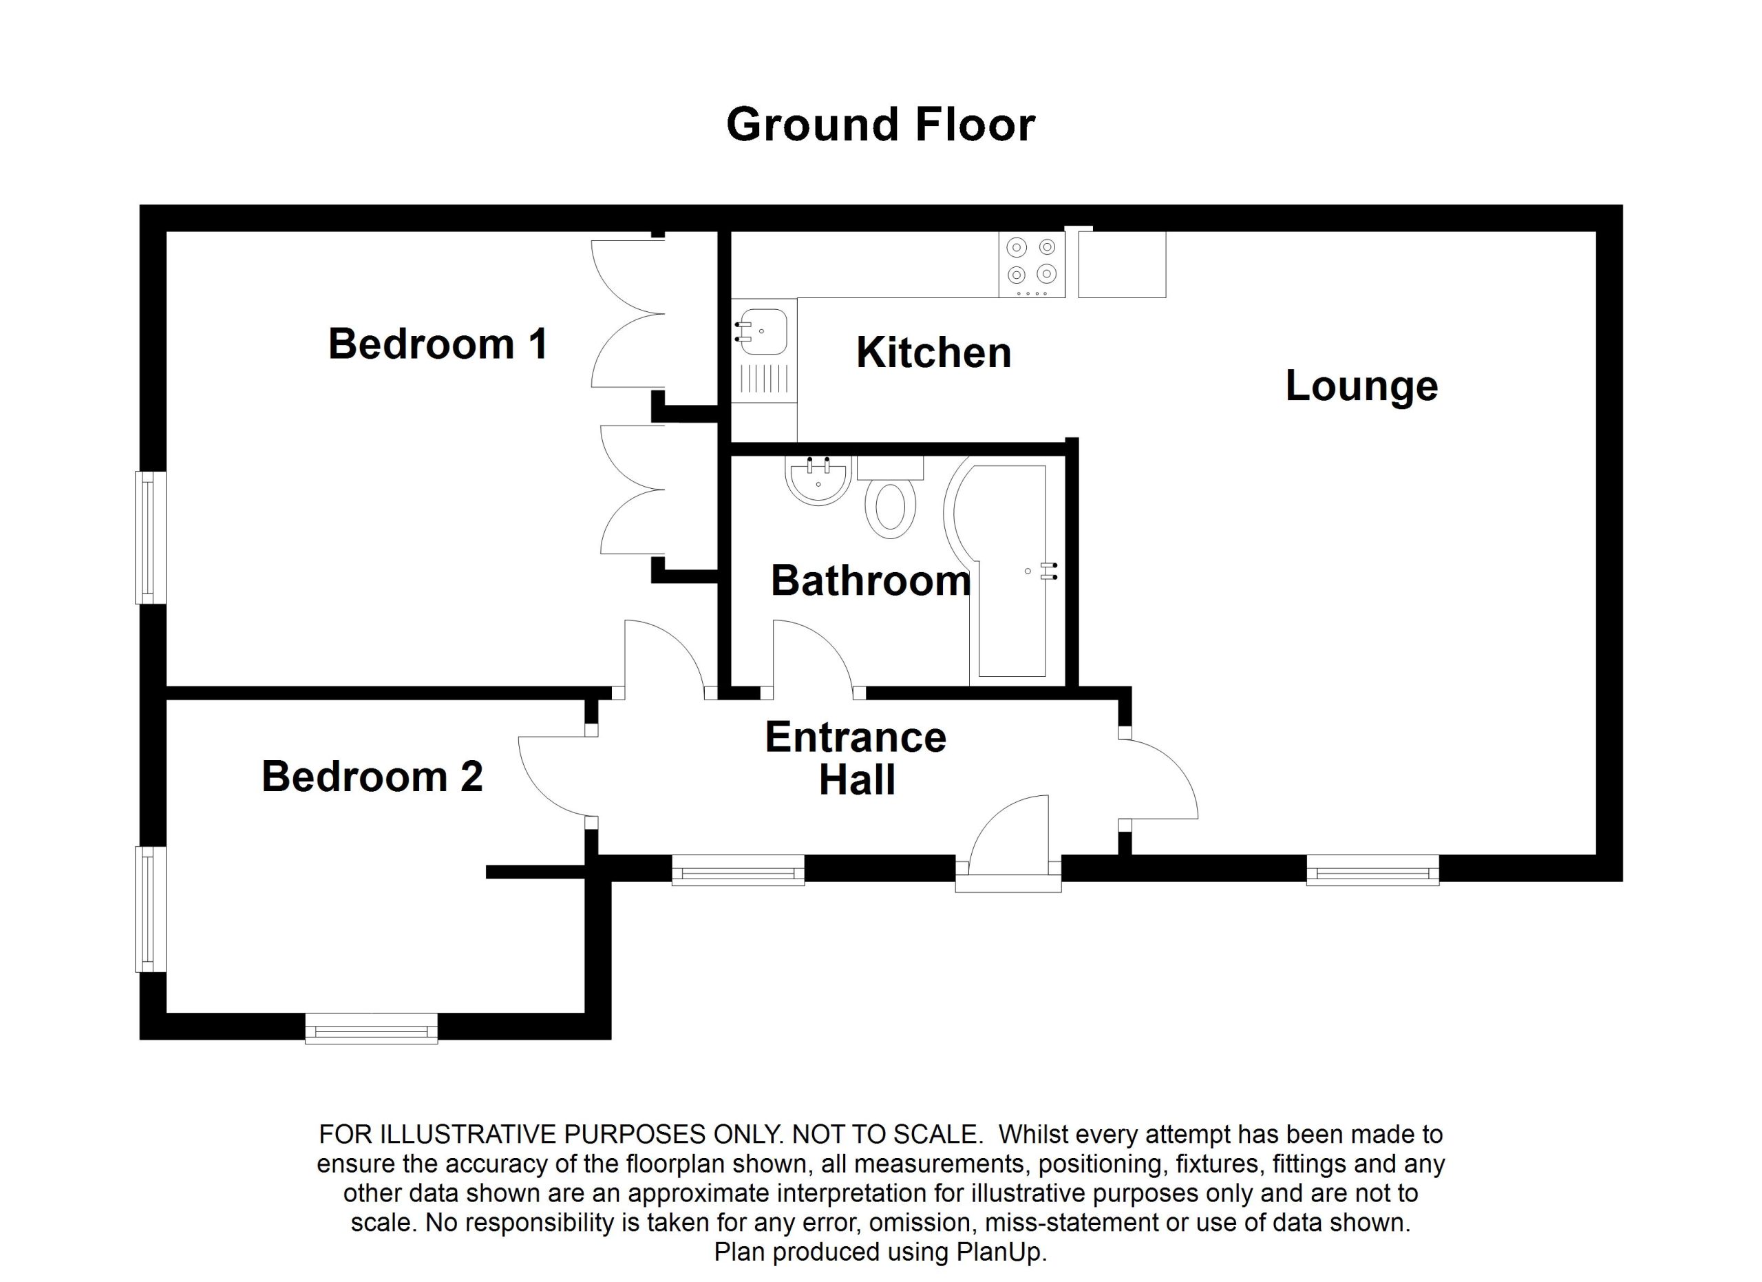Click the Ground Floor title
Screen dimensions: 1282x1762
[x=880, y=125]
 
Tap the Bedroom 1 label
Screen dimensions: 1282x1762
[x=438, y=344]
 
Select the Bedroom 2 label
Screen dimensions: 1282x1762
[x=372, y=776]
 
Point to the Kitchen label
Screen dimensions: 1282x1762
[x=934, y=353]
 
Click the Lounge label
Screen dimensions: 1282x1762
[x=1361, y=386]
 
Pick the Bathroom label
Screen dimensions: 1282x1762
[x=871, y=581]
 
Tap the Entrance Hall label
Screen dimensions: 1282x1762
[x=856, y=758]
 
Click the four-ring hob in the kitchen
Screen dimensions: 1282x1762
[x=1031, y=261]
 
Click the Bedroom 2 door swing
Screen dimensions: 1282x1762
[x=553, y=777]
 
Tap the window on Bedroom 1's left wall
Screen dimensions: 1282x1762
[x=151, y=537]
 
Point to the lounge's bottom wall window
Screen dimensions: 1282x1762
[x=1372, y=870]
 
